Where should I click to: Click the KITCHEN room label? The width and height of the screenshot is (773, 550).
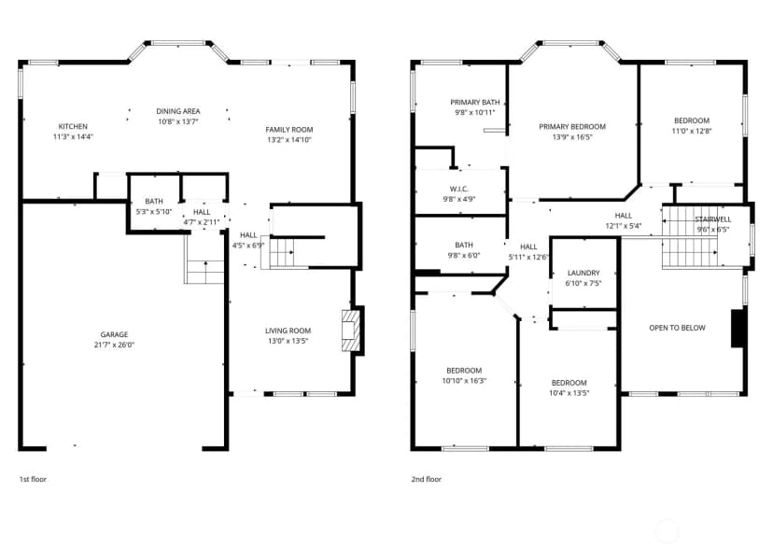[x=73, y=126]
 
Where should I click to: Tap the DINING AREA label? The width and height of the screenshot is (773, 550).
[x=178, y=111]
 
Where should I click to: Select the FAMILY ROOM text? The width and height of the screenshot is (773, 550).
[x=288, y=129]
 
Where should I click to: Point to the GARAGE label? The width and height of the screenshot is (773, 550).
[x=114, y=334]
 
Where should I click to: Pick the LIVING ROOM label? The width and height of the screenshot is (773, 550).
[x=288, y=331]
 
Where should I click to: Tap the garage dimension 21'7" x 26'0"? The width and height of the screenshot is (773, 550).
[x=114, y=345]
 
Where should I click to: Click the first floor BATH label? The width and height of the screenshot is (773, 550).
[x=154, y=202]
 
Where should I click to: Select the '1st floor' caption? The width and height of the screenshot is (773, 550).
[x=33, y=479]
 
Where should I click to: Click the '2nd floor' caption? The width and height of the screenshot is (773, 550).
[x=427, y=479]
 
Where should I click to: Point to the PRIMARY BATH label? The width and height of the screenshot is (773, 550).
[x=475, y=102]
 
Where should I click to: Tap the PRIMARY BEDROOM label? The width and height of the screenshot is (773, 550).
[x=572, y=127]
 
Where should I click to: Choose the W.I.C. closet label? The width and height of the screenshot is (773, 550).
[x=459, y=189]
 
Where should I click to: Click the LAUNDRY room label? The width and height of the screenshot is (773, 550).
[x=583, y=273]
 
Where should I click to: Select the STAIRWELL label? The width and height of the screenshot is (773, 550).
[x=713, y=219]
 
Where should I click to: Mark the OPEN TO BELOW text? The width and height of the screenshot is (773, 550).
[x=677, y=328]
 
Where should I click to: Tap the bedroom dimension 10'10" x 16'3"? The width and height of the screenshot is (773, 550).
[x=464, y=381]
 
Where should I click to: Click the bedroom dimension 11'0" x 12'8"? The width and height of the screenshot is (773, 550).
[x=692, y=132]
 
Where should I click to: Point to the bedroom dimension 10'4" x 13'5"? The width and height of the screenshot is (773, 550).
[x=569, y=393]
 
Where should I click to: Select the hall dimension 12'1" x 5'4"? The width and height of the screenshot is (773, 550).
[x=623, y=226]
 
